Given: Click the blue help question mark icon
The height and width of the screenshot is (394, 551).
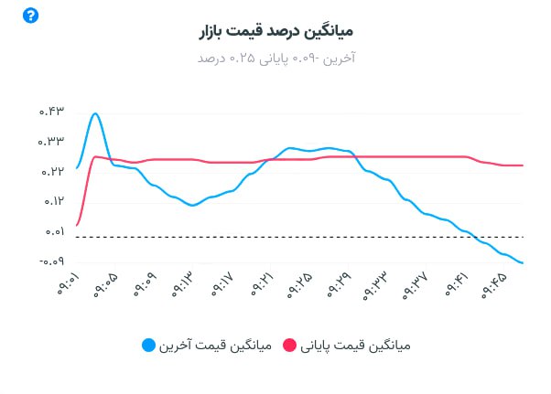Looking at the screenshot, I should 31,16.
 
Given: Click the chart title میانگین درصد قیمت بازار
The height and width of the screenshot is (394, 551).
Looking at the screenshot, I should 275,31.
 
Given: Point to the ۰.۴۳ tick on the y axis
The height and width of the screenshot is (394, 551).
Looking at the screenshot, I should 50,112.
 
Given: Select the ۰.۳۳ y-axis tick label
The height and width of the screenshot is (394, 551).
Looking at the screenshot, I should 50,142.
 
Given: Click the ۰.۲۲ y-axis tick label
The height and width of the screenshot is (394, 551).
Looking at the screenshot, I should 50,172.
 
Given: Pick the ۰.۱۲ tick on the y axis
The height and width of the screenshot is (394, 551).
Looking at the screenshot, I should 50,202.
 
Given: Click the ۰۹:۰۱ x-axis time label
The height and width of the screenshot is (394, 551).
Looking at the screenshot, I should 68,285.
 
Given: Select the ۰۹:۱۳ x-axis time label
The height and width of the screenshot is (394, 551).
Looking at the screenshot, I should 184,285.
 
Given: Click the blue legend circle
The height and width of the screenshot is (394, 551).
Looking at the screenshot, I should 149,346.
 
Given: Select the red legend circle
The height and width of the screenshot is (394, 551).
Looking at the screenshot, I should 290,346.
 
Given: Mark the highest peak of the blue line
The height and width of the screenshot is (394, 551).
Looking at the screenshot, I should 95,113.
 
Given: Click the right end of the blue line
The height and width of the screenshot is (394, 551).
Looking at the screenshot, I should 523,263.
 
